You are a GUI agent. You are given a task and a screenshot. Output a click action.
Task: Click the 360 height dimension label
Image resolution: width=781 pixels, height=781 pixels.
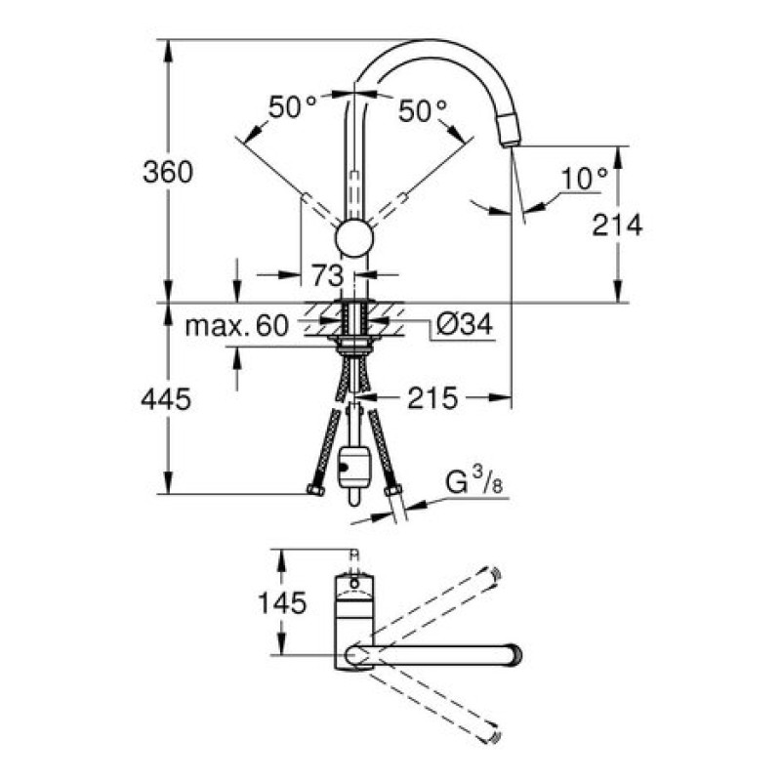pos(167,173)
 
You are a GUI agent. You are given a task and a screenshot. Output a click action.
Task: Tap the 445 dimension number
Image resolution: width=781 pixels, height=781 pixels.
pos(166,399)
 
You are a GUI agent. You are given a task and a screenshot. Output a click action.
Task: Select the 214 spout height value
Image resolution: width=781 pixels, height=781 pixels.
pos(617,226)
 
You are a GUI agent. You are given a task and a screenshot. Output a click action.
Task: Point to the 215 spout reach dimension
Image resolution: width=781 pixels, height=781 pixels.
pos(432,398)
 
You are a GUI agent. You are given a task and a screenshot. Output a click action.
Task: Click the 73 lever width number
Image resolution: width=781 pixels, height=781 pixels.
pos(328,275)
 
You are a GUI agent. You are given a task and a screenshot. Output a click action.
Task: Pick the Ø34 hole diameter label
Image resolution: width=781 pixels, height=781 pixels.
pos(465,324)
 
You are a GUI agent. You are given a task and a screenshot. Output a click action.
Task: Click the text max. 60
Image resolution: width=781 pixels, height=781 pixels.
pos(236,326)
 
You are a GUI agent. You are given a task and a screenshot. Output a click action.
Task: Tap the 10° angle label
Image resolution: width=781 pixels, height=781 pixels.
pos(585,179)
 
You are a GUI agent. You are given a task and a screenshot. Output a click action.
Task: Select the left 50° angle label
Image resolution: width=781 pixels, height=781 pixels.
pos(292,107)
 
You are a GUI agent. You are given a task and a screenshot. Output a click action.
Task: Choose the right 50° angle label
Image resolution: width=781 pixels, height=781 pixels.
pos(423,110)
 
